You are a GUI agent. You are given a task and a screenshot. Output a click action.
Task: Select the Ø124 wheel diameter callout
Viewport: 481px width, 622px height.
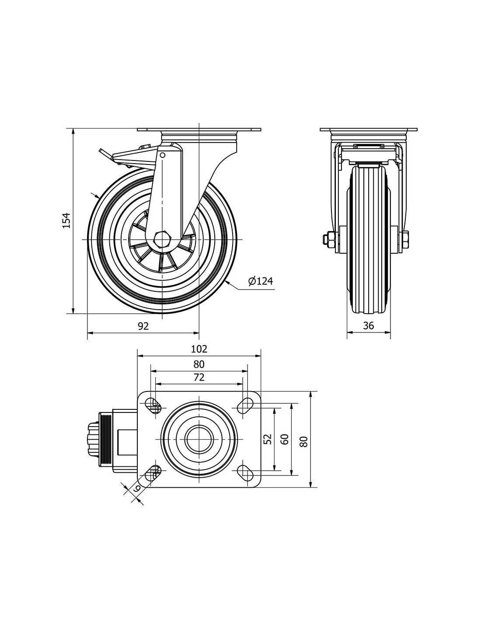[x=261, y=281]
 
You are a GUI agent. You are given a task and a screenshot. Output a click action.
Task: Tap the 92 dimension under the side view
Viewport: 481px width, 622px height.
[x=143, y=326]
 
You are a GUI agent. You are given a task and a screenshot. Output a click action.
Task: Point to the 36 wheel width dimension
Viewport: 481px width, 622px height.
[x=369, y=326]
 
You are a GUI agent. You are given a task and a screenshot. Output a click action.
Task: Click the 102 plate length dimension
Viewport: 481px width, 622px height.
[x=199, y=349]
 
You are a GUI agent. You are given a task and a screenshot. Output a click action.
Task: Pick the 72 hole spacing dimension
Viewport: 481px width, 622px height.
[x=199, y=377]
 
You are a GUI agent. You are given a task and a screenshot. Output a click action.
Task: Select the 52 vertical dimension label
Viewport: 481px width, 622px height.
[x=268, y=439]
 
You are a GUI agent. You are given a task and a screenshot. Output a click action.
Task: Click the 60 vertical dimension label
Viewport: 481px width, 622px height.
[x=285, y=439]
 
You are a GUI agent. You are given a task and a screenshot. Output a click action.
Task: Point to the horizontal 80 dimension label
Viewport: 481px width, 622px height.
[x=199, y=364]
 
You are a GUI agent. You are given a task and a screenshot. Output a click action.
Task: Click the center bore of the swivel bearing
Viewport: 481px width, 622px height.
[x=199, y=439]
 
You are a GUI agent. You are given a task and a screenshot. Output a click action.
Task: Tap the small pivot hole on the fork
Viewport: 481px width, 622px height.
[x=163, y=154]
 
